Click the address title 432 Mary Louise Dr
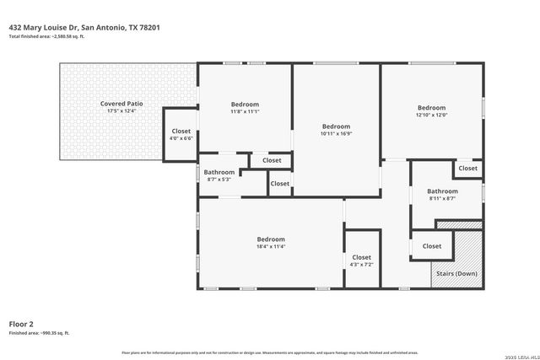pyautogui.click(x=84, y=27)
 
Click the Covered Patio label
pyautogui.click(x=121, y=104)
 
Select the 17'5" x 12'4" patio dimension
pyautogui.click(x=121, y=111)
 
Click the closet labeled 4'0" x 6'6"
pyautogui.click(x=181, y=135)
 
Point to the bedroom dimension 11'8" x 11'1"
pyautogui.click(x=245, y=111)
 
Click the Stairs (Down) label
pyautogui.click(x=456, y=274)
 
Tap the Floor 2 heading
pyautogui.click(x=21, y=324)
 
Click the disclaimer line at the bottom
pyautogui.click(x=270, y=352)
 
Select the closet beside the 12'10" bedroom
pyautogui.click(x=467, y=168)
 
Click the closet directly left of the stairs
pyautogui.click(x=431, y=246)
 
